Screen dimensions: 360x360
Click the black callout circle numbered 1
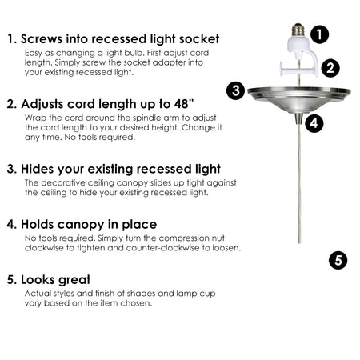tap(319, 34)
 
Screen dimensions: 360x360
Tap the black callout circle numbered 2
tap(330, 68)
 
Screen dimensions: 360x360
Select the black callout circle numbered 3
tap(235, 90)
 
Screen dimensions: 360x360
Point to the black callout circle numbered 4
tap(314, 123)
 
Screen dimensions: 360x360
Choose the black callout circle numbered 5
tap(338, 260)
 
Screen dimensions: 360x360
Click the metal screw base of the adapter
tap(298, 30)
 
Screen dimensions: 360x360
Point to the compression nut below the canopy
tap(299, 118)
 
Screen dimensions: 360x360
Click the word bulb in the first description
tap(138, 53)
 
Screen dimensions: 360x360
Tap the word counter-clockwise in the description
tap(162, 248)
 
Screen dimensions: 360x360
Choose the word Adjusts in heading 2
tap(42, 104)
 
